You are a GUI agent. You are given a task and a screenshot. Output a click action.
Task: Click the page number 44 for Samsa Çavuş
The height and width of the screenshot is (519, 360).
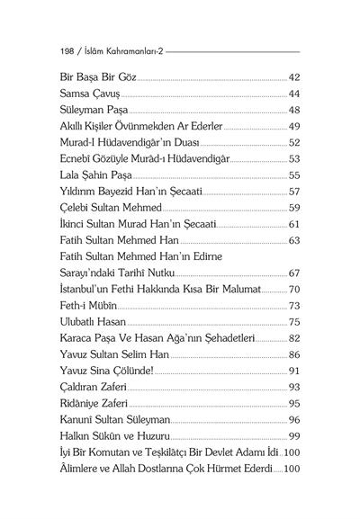[x=293, y=94]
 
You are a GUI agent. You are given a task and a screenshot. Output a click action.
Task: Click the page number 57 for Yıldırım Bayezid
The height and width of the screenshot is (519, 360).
[x=293, y=191]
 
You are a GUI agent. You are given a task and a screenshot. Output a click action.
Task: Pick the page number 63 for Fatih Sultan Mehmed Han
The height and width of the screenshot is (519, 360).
[x=293, y=239]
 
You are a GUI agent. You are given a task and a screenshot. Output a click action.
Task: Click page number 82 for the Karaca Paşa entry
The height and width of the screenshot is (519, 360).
[x=293, y=337]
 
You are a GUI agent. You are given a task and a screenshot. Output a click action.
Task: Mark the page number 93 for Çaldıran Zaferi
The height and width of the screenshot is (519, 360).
[x=293, y=386]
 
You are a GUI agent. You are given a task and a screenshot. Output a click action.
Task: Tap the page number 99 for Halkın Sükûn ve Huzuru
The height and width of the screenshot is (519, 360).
[x=293, y=435]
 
